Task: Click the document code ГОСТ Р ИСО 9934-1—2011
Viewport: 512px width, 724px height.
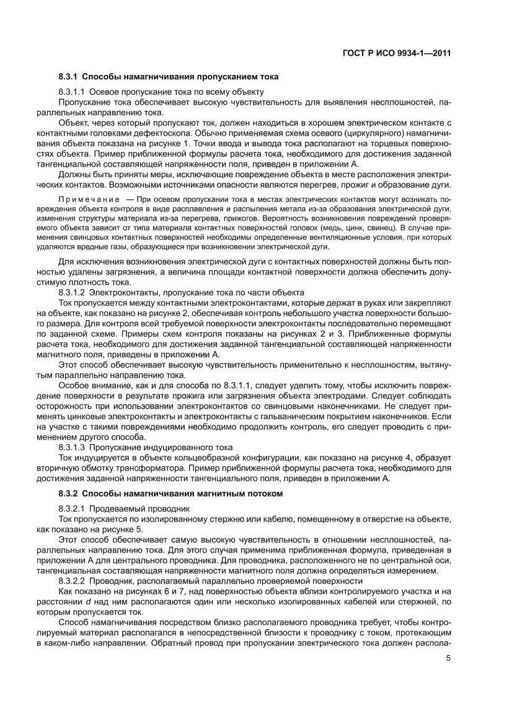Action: (395, 54)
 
